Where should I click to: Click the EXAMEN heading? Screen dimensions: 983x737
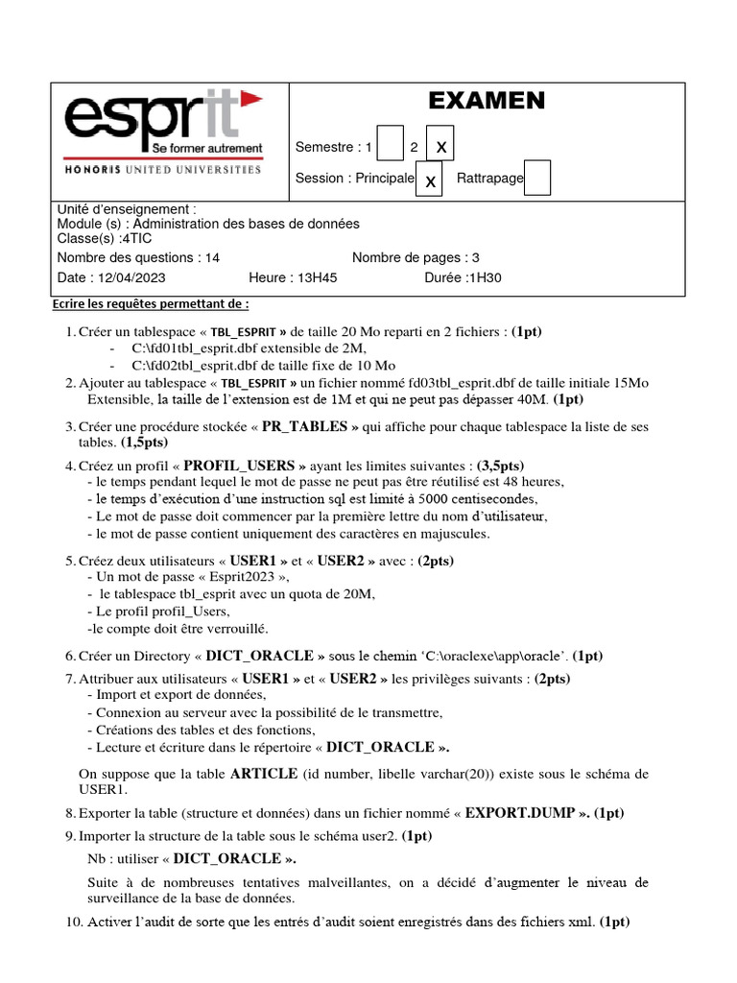pyautogui.click(x=486, y=101)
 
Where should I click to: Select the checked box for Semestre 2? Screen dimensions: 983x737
pyautogui.click(x=440, y=144)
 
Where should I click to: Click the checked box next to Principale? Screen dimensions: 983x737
pyautogui.click(x=429, y=180)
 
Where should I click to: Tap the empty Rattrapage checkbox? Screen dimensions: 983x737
pyautogui.click(x=537, y=178)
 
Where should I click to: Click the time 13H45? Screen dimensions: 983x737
pyautogui.click(x=318, y=278)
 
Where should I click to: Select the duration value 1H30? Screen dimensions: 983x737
pyautogui.click(x=484, y=278)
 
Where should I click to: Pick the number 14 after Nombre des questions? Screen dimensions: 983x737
pyautogui.click(x=212, y=257)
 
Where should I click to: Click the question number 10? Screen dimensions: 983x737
pyautogui.click(x=73, y=923)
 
